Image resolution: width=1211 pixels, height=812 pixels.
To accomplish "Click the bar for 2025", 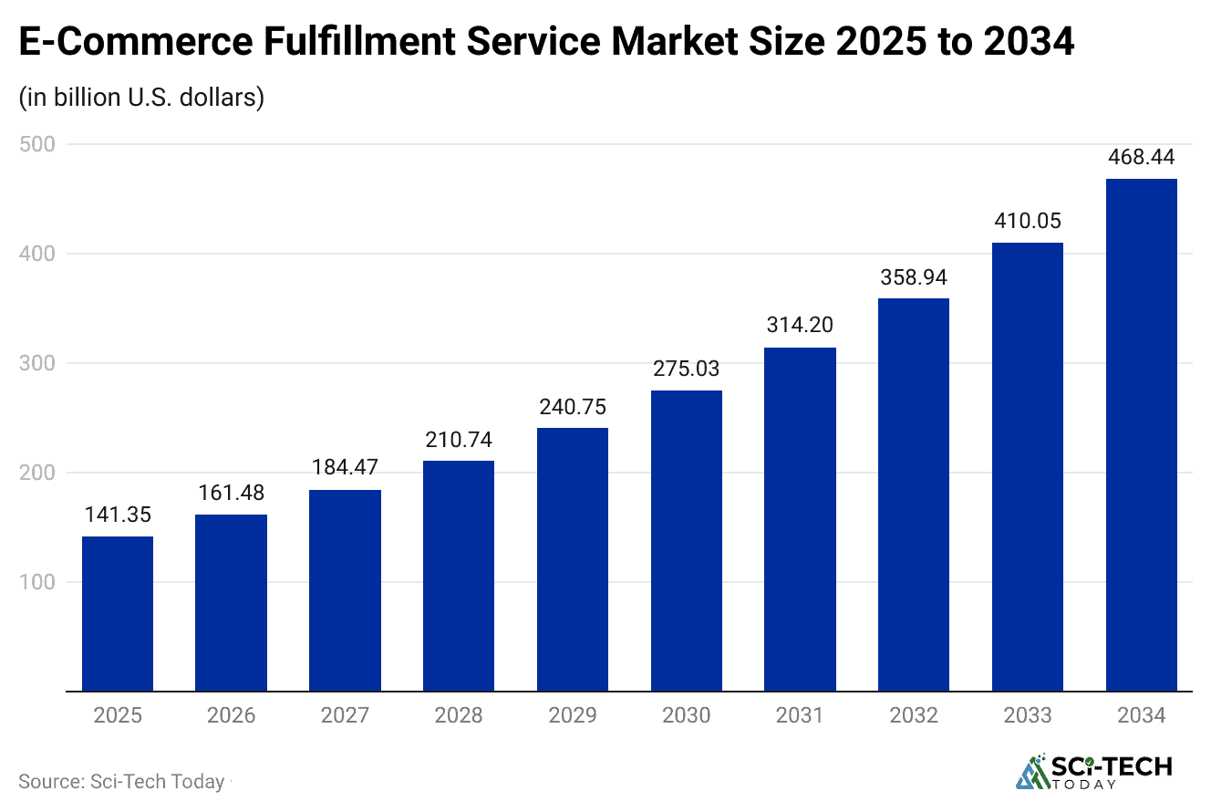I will [118, 614].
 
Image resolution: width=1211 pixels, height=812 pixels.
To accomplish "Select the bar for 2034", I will [1141, 435].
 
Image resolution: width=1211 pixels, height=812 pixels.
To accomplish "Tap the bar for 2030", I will [687, 541].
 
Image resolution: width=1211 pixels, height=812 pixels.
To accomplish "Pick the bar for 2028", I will [459, 576].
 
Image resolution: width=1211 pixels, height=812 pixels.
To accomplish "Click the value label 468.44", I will [1141, 158].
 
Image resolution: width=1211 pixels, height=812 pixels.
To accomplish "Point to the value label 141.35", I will [118, 515].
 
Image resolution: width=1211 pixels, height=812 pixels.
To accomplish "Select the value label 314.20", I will [800, 326].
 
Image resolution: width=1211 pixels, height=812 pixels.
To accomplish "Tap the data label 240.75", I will [573, 407].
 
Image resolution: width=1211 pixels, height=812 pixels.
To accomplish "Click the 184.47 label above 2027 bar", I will [345, 469].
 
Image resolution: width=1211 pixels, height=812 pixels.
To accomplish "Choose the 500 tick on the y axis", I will [37, 144].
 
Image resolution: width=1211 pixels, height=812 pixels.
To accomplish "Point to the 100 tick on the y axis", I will [37, 582].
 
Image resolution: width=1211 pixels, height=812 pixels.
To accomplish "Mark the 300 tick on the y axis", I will [37, 363].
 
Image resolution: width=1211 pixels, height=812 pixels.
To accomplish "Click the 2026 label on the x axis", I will [232, 715].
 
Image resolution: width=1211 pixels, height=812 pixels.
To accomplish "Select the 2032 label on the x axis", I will [914, 715].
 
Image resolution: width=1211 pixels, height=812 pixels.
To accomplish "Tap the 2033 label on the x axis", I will [1028, 715].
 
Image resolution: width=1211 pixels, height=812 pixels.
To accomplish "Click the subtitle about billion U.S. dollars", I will [141, 97].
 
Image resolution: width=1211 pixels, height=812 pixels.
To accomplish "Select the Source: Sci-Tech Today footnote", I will [121, 782].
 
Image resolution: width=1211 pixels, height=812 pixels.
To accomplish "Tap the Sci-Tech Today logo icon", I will [1034, 773].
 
